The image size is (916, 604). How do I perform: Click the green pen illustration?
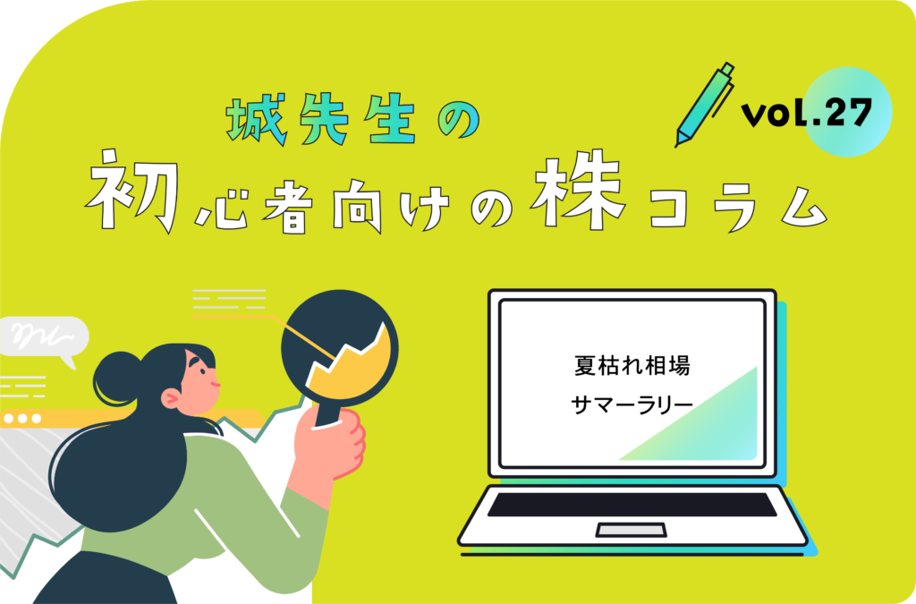coord(704,104)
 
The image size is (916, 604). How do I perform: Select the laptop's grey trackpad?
coord(631,531)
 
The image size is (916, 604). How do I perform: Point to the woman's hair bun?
coord(116,376)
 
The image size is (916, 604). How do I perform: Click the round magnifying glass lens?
coord(338,345)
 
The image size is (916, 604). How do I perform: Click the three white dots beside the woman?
coord(22,418)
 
